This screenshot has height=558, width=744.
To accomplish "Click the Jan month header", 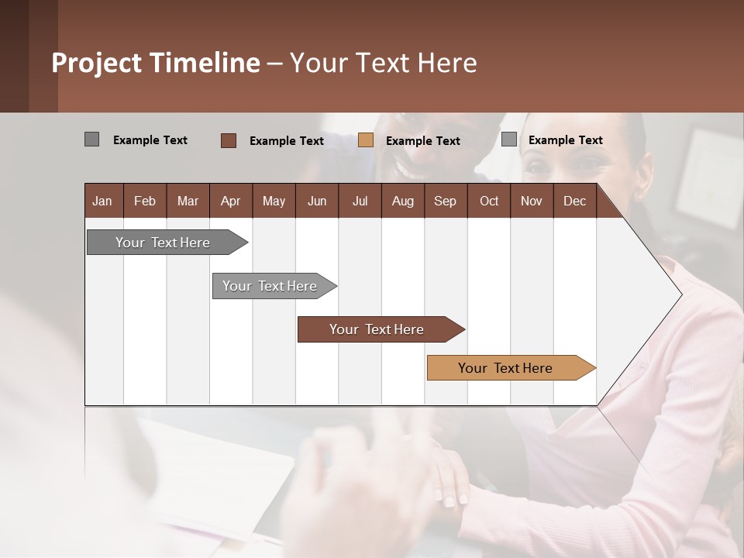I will [103, 201].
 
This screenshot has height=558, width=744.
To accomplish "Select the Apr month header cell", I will [231, 201].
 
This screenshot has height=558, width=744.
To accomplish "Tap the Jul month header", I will [360, 201].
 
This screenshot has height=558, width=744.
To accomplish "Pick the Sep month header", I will [445, 201].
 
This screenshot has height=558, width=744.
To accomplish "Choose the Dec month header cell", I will [574, 201].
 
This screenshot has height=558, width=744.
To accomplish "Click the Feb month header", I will [145, 201].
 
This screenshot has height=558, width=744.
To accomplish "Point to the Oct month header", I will [489, 201].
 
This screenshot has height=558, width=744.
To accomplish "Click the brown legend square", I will [229, 140].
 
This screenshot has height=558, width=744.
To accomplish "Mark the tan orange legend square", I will [366, 140].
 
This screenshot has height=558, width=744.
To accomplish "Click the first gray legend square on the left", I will [92, 139].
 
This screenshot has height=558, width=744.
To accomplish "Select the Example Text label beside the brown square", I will [287, 141].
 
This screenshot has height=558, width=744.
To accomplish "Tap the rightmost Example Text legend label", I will [565, 140].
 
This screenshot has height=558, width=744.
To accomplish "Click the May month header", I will [274, 201].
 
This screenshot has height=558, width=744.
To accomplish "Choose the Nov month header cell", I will [532, 201].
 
